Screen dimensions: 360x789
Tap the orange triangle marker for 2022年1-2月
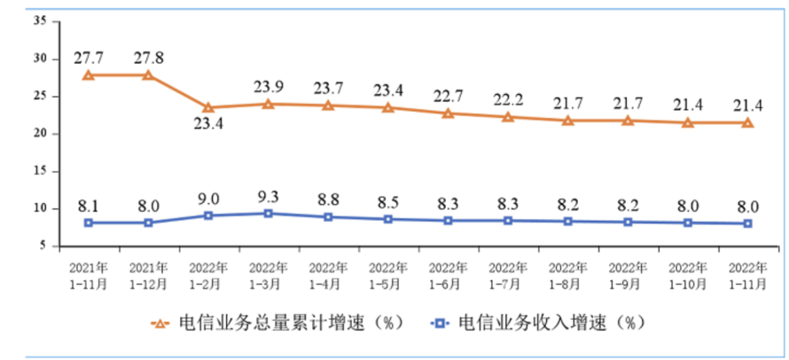[208, 107]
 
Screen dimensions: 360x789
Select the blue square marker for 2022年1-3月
[269, 213]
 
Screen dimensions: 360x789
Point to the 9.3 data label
[268, 192]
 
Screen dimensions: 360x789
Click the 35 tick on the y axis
[39, 20]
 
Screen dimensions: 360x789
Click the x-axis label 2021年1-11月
[88, 274]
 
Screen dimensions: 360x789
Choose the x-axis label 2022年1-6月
[449, 274]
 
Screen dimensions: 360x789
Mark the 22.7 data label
[449, 94]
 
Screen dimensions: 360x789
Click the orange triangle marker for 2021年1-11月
[88, 75]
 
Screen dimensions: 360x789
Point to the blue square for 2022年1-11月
[748, 223]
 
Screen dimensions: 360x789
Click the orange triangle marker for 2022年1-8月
[568, 120]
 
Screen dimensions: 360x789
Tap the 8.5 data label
[388, 200]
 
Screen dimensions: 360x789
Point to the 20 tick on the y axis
[39, 133]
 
